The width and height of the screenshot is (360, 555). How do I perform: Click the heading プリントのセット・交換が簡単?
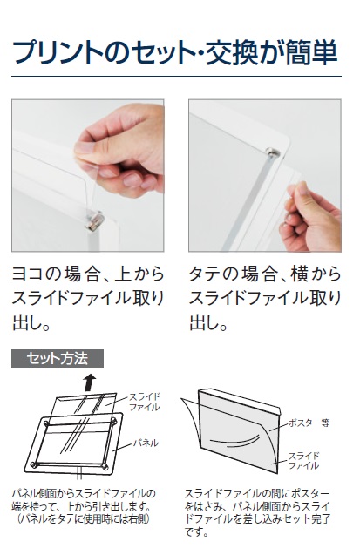[175, 52]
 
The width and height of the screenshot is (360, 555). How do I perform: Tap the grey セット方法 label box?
[58, 358]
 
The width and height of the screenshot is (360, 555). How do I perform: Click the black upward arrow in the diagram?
[90, 382]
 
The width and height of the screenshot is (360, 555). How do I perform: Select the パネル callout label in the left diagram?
[146, 443]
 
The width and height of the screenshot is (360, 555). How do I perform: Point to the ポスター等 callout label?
[309, 423]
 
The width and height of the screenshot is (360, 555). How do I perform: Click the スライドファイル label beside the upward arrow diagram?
[144, 402]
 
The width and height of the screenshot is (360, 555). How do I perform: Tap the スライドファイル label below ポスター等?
[303, 460]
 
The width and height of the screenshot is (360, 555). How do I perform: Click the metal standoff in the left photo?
[94, 221]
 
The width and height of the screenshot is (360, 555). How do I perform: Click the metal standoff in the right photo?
[274, 152]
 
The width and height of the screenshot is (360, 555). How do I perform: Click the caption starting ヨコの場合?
[88, 298]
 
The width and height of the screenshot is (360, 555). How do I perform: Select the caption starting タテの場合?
[265, 298]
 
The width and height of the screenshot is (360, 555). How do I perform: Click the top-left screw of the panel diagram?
[46, 423]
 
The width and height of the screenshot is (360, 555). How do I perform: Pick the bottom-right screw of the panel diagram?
[105, 466]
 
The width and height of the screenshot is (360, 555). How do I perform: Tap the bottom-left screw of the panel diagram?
[34, 464]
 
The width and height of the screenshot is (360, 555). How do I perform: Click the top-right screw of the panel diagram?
[113, 421]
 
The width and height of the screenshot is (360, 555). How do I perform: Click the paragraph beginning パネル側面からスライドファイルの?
[84, 506]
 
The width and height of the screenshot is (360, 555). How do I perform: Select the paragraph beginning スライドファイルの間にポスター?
[257, 512]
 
